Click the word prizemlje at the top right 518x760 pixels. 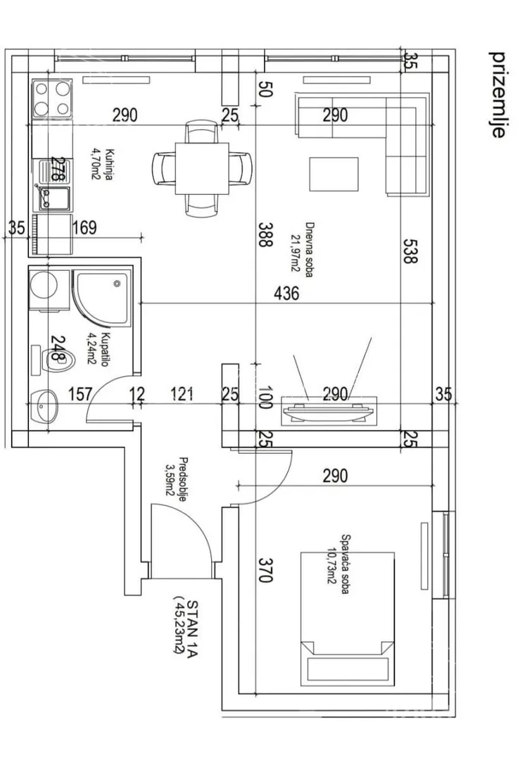coord(498,94)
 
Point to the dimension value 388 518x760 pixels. coord(265,235)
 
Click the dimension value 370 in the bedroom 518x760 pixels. coord(265,570)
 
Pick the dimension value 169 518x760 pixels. coord(84,227)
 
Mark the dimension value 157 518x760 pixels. coord(80,394)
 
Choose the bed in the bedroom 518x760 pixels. coord(347,619)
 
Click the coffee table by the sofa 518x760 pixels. coord(334,174)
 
